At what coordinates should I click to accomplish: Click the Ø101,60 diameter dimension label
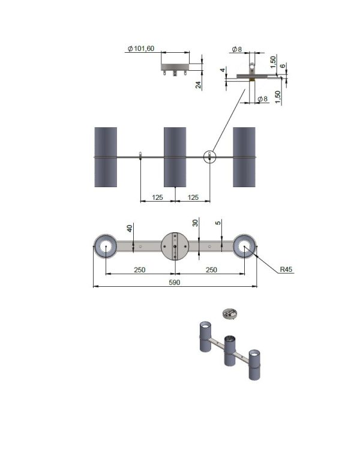(141, 49)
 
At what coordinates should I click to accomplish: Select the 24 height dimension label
(199, 85)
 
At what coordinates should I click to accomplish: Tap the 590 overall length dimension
(174, 283)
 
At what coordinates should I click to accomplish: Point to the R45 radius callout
(286, 269)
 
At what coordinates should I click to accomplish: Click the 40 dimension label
(130, 229)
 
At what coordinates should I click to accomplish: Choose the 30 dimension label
(195, 223)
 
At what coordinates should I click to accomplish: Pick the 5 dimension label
(218, 223)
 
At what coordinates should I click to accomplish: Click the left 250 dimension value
(140, 270)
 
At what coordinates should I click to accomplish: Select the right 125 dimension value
(193, 197)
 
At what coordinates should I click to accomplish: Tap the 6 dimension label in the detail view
(283, 66)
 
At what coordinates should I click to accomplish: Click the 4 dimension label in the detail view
(223, 70)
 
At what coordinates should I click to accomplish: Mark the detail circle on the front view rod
(209, 157)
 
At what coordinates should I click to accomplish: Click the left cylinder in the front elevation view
(106, 157)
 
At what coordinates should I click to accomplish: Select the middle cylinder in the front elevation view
(175, 157)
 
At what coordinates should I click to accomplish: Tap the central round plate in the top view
(175, 246)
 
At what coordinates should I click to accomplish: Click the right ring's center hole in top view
(244, 246)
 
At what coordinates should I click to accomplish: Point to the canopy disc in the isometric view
(230, 313)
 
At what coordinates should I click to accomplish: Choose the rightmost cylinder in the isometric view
(254, 364)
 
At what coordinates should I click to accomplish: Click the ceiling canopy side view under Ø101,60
(175, 69)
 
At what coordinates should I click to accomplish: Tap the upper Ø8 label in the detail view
(237, 49)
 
